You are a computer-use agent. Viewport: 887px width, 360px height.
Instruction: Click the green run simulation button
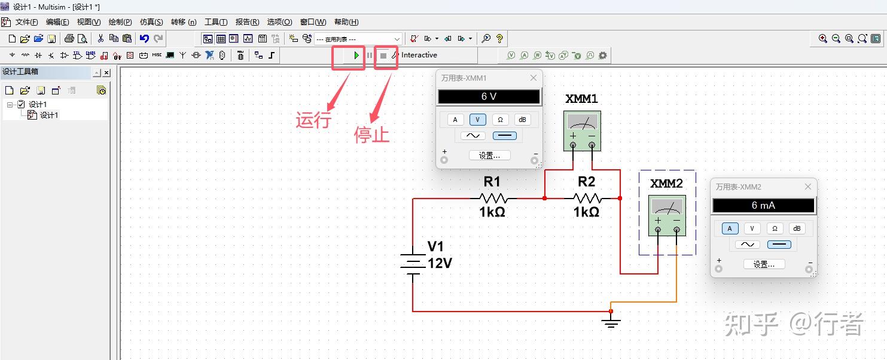click(356, 56)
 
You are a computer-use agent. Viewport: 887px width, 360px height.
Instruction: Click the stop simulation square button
click(383, 56)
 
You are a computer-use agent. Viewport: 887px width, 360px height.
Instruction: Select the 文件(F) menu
click(26, 22)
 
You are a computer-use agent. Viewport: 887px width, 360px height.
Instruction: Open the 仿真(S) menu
click(151, 22)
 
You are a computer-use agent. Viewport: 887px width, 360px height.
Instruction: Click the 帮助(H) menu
click(346, 22)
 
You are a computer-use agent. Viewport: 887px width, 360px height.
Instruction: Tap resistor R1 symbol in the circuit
click(493, 198)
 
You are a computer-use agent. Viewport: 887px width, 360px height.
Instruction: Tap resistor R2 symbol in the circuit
click(587, 198)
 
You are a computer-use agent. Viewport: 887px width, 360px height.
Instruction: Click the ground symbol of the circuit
click(611, 324)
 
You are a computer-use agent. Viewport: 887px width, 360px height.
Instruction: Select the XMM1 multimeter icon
click(582, 130)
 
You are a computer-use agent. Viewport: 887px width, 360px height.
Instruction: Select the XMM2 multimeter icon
click(667, 215)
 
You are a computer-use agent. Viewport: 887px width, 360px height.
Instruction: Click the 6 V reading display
click(489, 96)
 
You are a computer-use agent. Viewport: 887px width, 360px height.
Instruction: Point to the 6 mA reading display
click(763, 205)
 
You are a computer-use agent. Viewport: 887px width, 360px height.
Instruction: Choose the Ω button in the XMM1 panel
click(500, 120)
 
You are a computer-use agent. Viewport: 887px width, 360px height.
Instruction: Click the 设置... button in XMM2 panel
click(764, 264)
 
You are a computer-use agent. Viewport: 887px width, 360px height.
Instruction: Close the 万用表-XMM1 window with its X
click(534, 78)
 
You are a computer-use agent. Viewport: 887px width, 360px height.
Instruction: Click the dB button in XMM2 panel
click(796, 228)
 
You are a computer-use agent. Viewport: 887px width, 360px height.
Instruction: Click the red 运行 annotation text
click(313, 120)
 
